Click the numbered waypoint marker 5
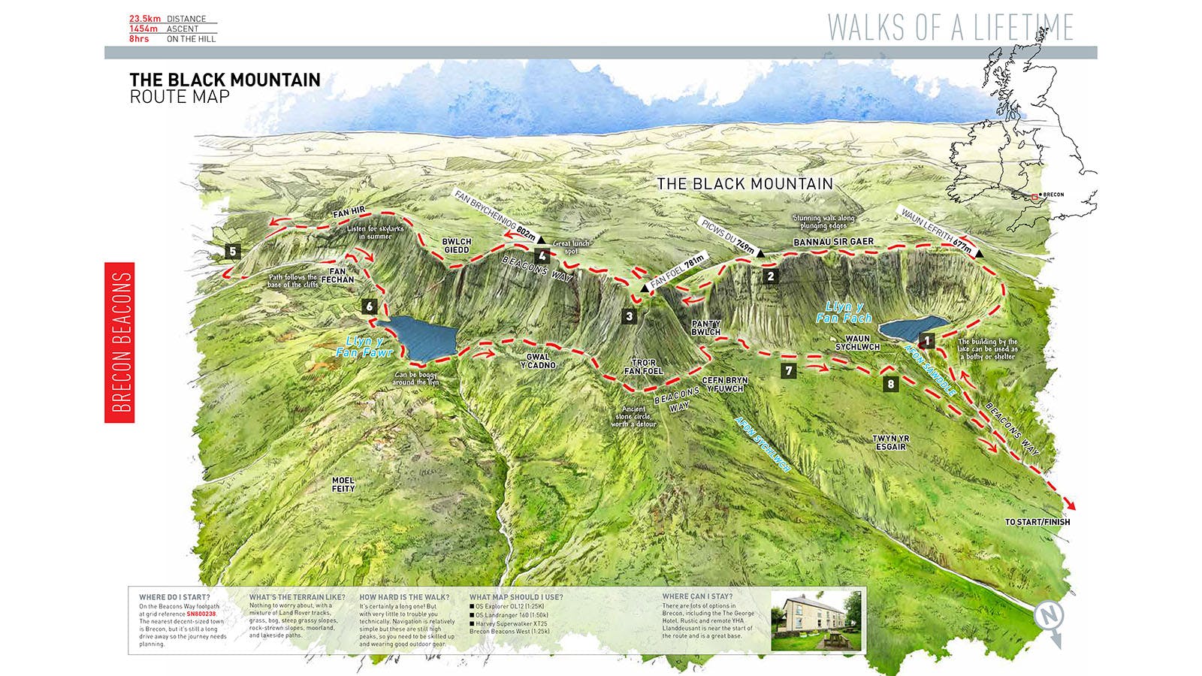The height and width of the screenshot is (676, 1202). point(233,251)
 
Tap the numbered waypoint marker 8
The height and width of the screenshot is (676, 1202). point(891,384)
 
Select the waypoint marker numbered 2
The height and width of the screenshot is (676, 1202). point(770,276)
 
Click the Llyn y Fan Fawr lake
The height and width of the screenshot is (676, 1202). point(421,336)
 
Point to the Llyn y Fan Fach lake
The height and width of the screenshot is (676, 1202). point(905,329)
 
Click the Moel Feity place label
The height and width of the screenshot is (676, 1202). point(343,484)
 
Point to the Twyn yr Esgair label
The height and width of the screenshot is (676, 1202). point(890,442)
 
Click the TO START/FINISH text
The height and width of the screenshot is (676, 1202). point(1037,522)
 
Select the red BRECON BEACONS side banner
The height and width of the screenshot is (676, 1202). point(119,343)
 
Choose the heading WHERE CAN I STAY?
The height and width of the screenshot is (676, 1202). point(697,597)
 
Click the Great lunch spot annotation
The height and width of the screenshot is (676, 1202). point(571,247)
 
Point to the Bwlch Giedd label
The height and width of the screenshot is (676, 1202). point(456,246)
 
